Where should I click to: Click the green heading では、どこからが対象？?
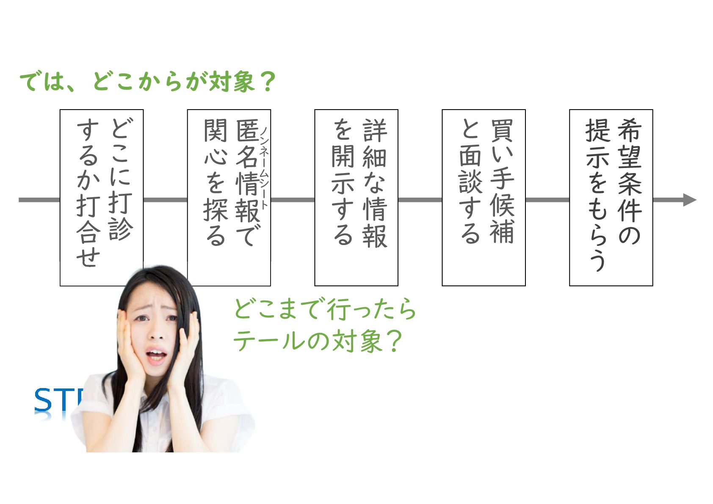click(x=147, y=81)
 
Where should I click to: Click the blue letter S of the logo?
click(x=43, y=400)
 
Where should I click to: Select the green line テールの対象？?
click(x=318, y=341)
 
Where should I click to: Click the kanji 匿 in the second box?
click(x=247, y=130)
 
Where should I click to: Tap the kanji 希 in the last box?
click(x=629, y=130)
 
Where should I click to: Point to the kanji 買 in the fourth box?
click(x=502, y=130)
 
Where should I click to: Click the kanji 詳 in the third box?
click(x=375, y=130)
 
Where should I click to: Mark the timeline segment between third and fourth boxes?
click(x=420, y=200)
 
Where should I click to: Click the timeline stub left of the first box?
click(x=39, y=200)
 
